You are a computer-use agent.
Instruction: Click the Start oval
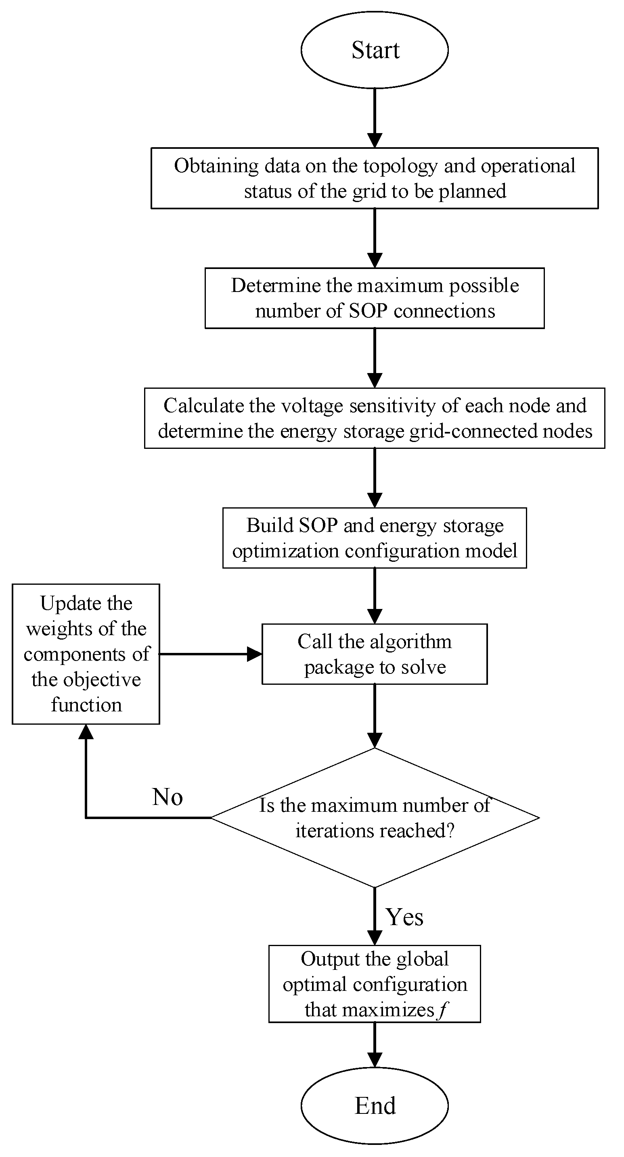pos(375,50)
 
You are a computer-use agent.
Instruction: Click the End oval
pos(375,1105)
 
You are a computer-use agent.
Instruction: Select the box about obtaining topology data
pos(375,178)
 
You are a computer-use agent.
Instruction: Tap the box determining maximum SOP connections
pos(375,298)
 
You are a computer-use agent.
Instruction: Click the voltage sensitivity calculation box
pos(375,418)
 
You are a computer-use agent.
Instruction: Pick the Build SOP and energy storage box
pos(375,538)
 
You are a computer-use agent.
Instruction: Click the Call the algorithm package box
pos(375,654)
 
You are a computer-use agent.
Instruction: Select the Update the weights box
pos(86,654)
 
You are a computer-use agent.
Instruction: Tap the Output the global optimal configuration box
pos(375,984)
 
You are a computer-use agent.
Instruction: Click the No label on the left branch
pos(167,797)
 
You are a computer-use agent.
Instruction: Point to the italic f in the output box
pos(443,1010)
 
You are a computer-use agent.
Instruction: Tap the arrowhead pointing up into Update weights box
pos(86,732)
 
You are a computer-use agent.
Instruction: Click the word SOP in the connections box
pos(368,311)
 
